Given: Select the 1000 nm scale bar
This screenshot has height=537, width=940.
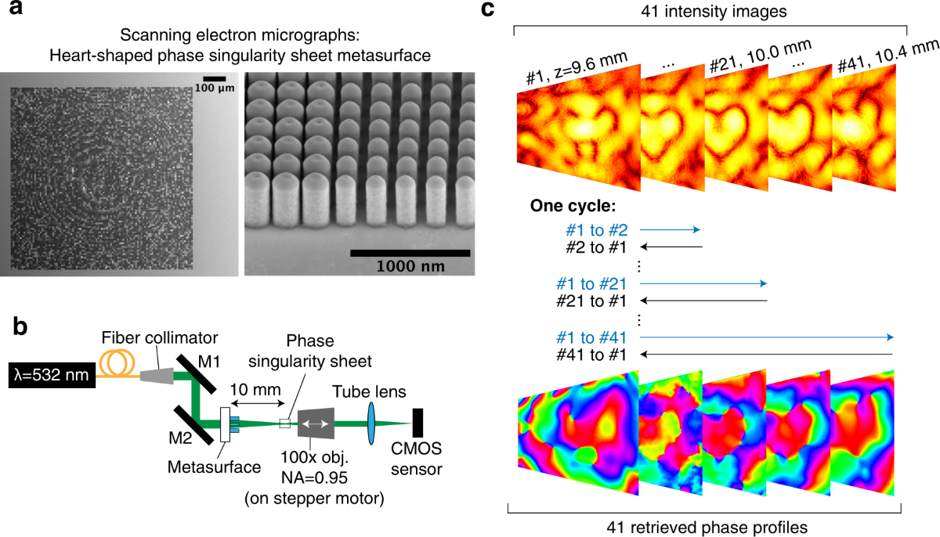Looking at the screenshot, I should pos(410,253).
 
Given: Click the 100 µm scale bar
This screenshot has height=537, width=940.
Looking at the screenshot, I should pos(214,78).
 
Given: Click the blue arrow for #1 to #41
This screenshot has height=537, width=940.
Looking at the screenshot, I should pos(768,337).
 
